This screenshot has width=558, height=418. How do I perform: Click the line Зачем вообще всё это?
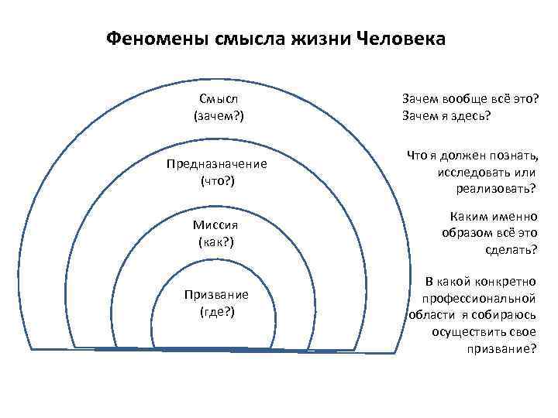coord(470,99)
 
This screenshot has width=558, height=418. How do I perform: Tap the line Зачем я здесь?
coord(446,116)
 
